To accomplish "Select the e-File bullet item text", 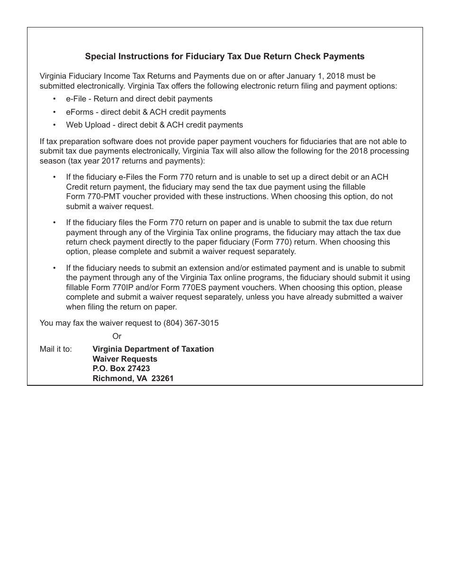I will coord(139,99).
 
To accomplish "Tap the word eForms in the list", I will coord(80,112).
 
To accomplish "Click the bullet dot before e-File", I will coord(54,99).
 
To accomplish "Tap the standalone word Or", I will coord(117,336).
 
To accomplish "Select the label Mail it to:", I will coord(56,349).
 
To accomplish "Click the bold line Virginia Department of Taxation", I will coord(153,349).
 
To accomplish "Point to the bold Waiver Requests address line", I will coord(125,359).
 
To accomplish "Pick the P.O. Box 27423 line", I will coord(121,368).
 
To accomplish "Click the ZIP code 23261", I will coord(162,378).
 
